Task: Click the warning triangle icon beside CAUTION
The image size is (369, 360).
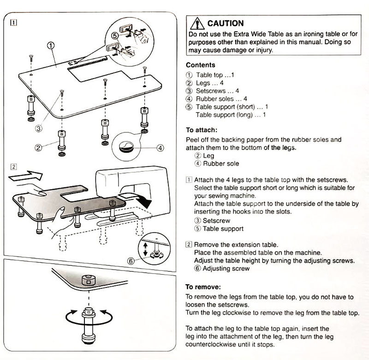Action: [x=197, y=23]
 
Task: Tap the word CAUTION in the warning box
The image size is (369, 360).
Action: [x=226, y=23]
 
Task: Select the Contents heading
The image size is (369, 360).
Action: [x=200, y=65]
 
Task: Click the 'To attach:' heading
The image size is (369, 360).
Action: [x=202, y=130]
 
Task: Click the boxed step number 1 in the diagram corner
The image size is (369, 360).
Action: [x=15, y=22]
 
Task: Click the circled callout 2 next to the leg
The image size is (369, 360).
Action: [x=39, y=148]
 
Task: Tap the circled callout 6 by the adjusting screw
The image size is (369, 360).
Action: [x=132, y=261]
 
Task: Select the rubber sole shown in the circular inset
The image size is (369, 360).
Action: [x=126, y=147]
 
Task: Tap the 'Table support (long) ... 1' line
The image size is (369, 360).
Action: [x=231, y=115]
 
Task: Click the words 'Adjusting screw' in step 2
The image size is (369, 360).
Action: [x=226, y=269]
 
